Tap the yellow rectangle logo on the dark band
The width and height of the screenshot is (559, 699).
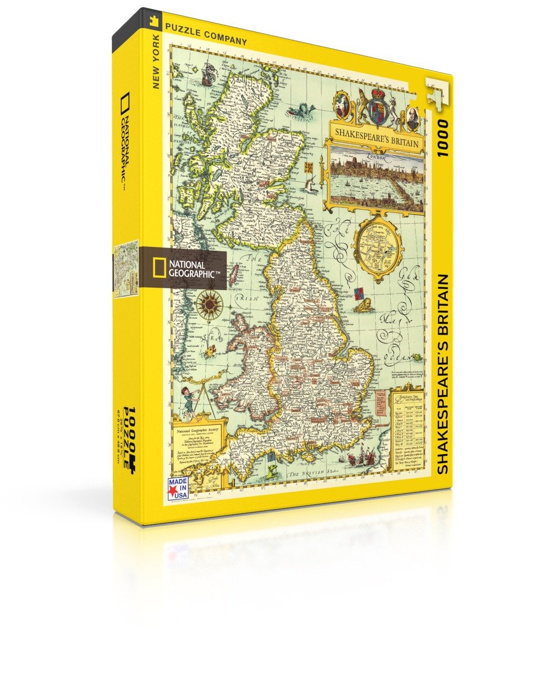pos(160,267)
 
